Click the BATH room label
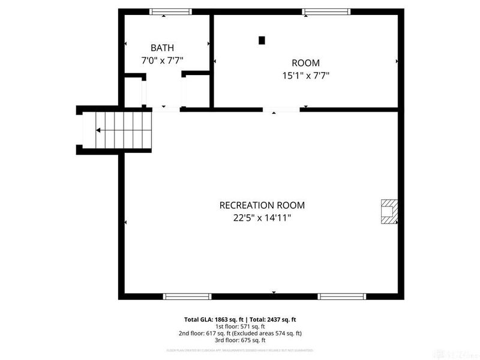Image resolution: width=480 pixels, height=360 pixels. click(162, 47)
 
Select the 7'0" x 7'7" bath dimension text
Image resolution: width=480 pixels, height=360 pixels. click(162, 60)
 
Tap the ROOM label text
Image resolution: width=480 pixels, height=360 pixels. click(305, 63)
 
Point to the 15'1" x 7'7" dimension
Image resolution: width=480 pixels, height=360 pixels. click(305, 76)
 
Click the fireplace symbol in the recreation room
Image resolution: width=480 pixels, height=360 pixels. click(388, 212)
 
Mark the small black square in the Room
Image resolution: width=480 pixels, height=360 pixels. click(261, 41)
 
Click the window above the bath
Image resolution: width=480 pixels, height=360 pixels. click(170, 11)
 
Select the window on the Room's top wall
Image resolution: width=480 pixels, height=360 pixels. click(326, 11)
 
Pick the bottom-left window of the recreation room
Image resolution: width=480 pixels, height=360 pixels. click(187, 296)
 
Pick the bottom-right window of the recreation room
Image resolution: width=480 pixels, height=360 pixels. click(341, 296)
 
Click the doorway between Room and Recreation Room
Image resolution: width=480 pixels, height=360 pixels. click(281, 110)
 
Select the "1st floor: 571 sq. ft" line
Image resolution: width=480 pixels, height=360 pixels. click(240, 326)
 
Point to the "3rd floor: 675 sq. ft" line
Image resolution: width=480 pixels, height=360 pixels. click(240, 340)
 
